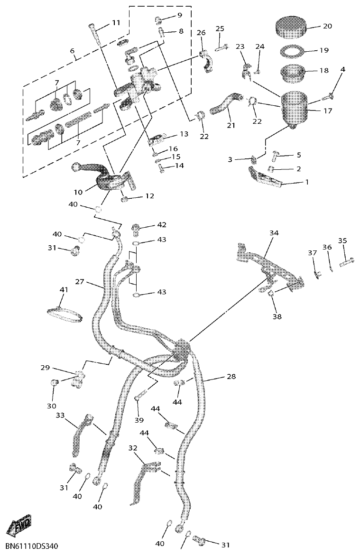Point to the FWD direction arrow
point(18,526)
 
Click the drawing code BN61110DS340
point(32,547)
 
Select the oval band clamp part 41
point(65,313)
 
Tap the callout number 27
point(79,281)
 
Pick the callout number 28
point(231,377)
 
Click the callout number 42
point(162,225)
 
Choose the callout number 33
point(60,415)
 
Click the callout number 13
point(170,134)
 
